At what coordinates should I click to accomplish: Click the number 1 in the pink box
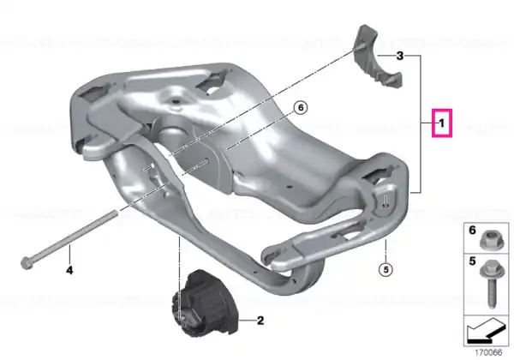442,123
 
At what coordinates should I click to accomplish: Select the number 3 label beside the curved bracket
400,56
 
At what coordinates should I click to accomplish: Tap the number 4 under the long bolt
69,271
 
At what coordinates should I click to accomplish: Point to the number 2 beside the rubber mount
260,321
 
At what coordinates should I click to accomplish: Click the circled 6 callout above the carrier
301,108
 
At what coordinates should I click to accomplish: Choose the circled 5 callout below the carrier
385,269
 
